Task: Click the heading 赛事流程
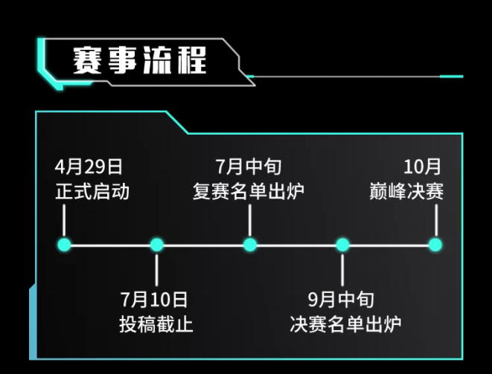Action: tap(138, 60)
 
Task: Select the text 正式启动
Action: tap(92, 192)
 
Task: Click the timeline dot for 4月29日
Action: tap(64, 245)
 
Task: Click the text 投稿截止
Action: tap(156, 325)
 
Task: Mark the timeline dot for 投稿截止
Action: tap(156, 245)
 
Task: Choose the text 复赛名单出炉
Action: tap(249, 192)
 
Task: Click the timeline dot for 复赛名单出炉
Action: tap(249, 245)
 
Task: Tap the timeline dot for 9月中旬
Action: tap(342, 245)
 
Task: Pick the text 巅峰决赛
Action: tap(406, 192)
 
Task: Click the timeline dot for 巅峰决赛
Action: tap(435, 245)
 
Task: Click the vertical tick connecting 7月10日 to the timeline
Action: tap(156, 269)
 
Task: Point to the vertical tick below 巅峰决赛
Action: tap(435, 220)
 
